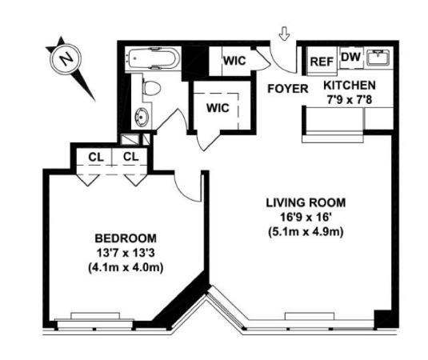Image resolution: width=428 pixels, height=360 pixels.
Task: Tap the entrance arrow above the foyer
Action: (x=284, y=34)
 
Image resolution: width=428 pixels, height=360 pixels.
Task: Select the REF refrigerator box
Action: (x=321, y=61)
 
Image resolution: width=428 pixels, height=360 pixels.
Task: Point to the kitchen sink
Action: (x=378, y=58)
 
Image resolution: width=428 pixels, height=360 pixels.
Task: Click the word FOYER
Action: (x=287, y=89)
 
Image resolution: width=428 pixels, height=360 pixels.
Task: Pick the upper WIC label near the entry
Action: (x=234, y=60)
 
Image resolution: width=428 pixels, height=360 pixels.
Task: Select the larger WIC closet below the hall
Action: (x=218, y=108)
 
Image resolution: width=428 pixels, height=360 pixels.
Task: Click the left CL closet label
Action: (x=94, y=156)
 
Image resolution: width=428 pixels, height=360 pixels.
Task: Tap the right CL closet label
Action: (x=130, y=156)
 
